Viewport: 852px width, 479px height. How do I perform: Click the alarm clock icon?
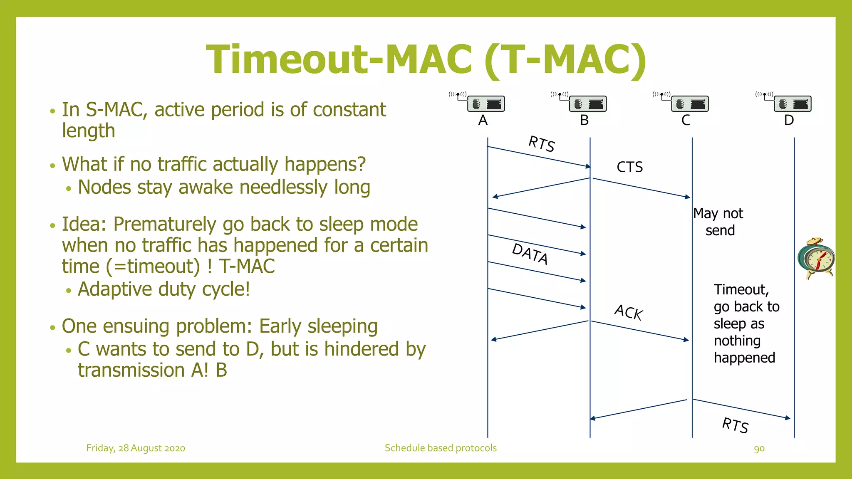(x=816, y=259)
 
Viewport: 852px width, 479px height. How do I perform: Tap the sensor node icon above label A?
(x=485, y=103)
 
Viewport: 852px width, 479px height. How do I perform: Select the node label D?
(x=789, y=120)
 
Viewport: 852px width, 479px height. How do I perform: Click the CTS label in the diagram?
(x=629, y=167)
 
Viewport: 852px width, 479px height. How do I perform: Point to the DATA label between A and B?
(x=530, y=253)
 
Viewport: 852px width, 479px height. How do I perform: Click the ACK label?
(x=629, y=312)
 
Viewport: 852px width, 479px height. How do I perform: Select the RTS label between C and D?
(x=735, y=425)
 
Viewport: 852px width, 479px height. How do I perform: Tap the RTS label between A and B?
(x=541, y=144)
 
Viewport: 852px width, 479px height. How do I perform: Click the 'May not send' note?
(x=718, y=222)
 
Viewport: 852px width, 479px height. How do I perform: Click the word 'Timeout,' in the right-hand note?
(x=741, y=289)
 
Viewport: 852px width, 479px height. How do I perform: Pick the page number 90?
(x=759, y=449)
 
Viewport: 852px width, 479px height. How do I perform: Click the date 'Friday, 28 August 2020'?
(x=136, y=448)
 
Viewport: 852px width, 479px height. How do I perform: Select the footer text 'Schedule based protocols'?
(x=441, y=448)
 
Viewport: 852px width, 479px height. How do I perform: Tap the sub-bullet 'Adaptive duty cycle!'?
(x=164, y=289)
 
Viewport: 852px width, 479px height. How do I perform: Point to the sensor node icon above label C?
(x=689, y=103)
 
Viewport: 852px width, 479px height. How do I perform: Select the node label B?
(x=584, y=120)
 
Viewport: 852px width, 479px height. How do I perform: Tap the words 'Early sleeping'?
(x=318, y=326)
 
